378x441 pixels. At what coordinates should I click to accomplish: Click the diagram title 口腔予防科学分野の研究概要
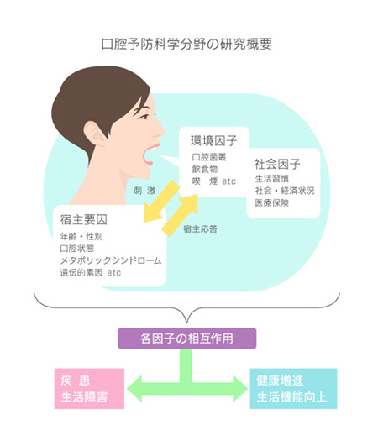click(186, 45)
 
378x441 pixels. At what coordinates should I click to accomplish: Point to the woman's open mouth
click(150, 155)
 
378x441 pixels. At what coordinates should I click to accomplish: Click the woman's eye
click(144, 117)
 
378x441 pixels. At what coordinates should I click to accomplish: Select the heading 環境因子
click(213, 140)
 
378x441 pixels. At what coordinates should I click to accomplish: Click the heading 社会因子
click(277, 165)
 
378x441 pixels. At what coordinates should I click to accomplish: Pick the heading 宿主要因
click(84, 220)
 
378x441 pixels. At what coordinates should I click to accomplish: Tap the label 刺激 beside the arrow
click(144, 191)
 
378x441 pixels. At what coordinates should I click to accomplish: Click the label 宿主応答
click(200, 229)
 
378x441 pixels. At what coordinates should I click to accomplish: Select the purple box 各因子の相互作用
click(187, 339)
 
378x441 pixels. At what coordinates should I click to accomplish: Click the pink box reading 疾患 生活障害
click(89, 389)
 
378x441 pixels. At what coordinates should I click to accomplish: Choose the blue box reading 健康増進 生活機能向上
click(293, 389)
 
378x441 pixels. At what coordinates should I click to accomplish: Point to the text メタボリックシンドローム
click(111, 260)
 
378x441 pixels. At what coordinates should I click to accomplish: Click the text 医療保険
click(271, 202)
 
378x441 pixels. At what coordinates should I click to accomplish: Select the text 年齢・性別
click(81, 237)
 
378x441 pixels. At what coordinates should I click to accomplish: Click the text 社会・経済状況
click(285, 191)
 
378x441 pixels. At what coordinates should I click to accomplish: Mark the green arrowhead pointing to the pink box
click(134, 389)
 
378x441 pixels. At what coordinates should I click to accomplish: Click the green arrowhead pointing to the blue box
click(240, 389)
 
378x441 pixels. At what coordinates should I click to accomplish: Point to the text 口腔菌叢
click(209, 157)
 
